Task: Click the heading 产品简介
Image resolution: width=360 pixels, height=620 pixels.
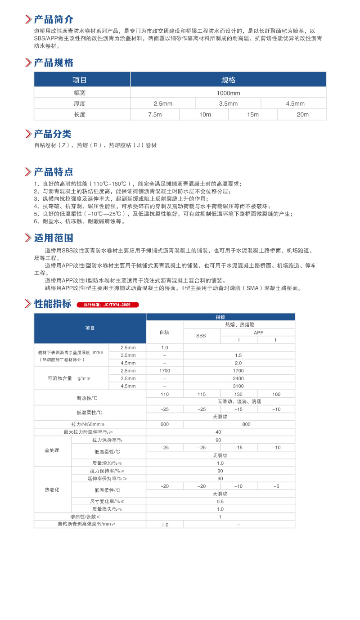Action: [x=54, y=19]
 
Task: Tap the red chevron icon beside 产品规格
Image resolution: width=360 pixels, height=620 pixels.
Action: [x=28, y=63]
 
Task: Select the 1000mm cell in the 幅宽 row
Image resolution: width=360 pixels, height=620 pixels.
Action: [x=228, y=93]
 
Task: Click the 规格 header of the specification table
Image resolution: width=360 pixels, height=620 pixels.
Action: [x=228, y=80]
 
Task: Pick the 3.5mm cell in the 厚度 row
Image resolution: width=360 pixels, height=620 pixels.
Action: [x=228, y=104]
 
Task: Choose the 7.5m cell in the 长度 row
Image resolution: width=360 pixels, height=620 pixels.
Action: [x=155, y=115]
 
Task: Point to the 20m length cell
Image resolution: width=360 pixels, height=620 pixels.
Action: [x=302, y=115]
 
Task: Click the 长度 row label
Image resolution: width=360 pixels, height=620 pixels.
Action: [x=80, y=115]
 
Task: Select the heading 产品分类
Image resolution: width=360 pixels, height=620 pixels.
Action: [x=53, y=134]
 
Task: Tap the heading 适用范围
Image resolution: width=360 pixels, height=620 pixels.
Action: [x=54, y=238]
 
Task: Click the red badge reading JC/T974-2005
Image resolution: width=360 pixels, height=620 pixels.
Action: [x=108, y=305]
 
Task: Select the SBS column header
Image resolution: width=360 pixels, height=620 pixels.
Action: [x=201, y=336]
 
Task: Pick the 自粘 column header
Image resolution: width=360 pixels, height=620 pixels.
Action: [x=164, y=332]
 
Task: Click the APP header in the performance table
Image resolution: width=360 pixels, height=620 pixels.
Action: [x=258, y=332]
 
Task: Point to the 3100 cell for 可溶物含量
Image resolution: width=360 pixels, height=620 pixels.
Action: [x=238, y=386]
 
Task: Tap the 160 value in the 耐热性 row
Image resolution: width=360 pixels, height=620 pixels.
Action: [x=276, y=394]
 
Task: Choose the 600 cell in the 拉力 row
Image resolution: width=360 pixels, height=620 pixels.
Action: [x=164, y=424]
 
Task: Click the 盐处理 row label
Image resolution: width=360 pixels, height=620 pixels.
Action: [x=52, y=451]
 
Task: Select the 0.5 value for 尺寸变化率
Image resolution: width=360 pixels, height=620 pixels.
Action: [x=220, y=501]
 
